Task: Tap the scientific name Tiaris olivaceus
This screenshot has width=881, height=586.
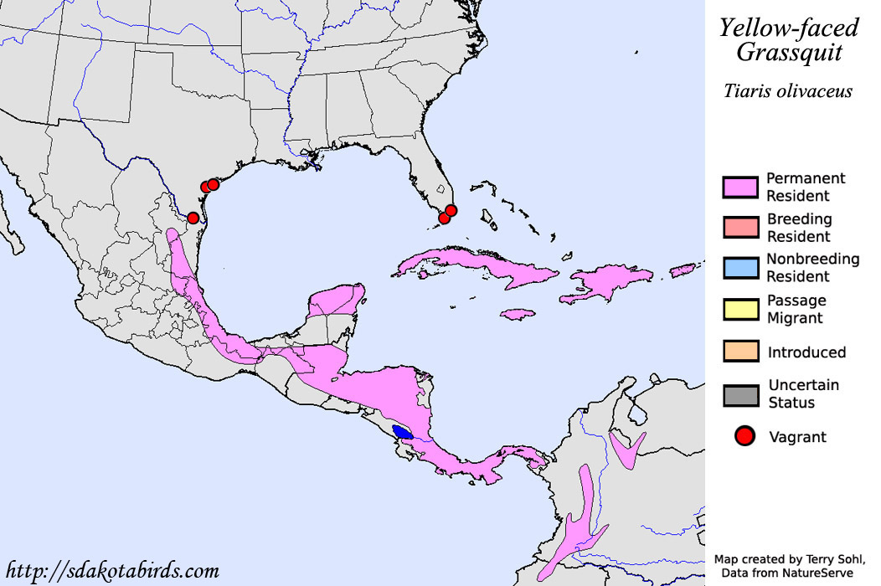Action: pyautogui.click(x=788, y=90)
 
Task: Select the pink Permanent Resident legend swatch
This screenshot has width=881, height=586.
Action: pyautogui.click(x=740, y=188)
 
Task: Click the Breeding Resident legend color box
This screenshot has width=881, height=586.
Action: pyautogui.click(x=740, y=228)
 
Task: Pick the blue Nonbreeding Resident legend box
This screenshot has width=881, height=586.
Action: pyautogui.click(x=740, y=268)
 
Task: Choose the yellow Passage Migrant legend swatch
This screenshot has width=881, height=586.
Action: pyautogui.click(x=740, y=309)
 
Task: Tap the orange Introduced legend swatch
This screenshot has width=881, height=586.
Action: pyautogui.click(x=740, y=352)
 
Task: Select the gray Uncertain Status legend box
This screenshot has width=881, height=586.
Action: pyautogui.click(x=740, y=394)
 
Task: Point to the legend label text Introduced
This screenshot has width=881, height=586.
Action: pyautogui.click(x=806, y=352)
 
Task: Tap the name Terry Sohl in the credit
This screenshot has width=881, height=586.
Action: pyautogui.click(x=831, y=558)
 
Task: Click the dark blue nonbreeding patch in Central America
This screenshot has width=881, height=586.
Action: pyautogui.click(x=403, y=433)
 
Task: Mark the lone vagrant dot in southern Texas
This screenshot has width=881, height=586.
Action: pyautogui.click(x=193, y=218)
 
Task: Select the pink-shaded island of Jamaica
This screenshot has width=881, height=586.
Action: pyautogui.click(x=518, y=314)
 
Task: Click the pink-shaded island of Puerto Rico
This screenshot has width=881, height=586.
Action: pyautogui.click(x=683, y=270)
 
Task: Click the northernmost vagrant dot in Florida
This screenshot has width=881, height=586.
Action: pyautogui.click(x=451, y=210)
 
